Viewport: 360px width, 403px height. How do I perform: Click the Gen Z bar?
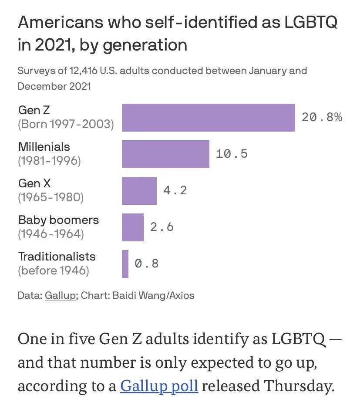point(208,118)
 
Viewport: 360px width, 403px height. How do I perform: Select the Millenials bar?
point(165,154)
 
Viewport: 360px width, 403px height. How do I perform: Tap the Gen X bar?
point(139,190)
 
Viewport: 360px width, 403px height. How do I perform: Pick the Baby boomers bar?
point(132,227)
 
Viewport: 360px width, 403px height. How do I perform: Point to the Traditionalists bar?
point(125,264)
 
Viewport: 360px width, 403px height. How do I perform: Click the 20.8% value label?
point(322,117)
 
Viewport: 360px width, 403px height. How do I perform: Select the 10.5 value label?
point(232,153)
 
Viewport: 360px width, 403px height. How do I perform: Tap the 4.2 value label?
point(175,190)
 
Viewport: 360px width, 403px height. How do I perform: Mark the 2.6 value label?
point(162,227)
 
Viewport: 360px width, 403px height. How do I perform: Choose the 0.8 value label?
point(147,263)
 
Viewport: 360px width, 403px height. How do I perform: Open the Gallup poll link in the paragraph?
point(159,386)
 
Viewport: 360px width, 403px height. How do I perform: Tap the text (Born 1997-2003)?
point(66,125)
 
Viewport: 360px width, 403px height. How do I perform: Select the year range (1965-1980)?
point(50,197)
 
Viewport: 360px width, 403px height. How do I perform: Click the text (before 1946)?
point(54,271)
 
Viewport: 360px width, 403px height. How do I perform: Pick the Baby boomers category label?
point(58,220)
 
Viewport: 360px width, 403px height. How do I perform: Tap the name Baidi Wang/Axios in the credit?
point(153,295)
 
